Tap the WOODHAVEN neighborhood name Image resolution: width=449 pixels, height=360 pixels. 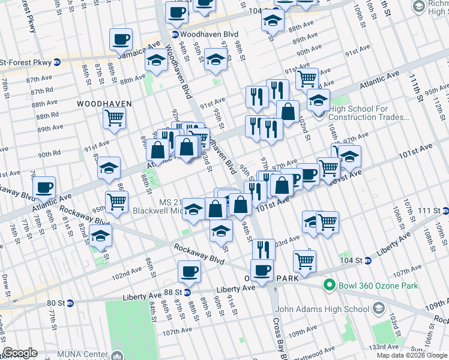(104, 104)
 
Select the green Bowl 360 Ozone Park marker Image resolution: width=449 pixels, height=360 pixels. (328, 286)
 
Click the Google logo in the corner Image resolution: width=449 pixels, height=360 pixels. (20, 353)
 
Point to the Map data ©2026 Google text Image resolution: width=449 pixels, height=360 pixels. (412, 355)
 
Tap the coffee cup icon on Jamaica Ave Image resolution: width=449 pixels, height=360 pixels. (121, 40)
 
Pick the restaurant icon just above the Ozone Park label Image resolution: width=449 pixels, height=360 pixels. (264, 248)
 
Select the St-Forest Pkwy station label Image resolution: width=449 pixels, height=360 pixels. (27, 62)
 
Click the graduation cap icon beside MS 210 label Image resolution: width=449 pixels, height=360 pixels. (193, 209)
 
